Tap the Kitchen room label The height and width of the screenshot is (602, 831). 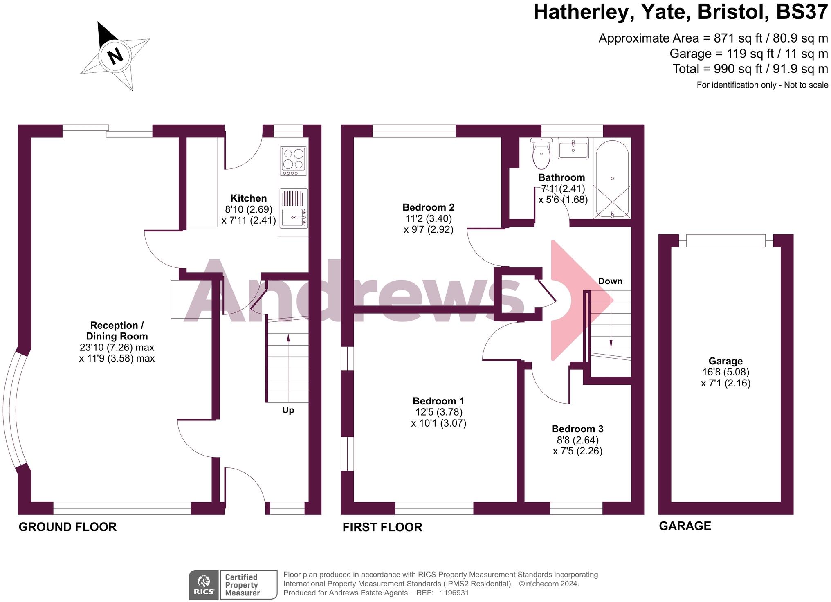[248, 198]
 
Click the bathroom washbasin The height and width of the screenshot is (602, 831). [573, 148]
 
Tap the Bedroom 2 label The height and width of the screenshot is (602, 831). [428, 207]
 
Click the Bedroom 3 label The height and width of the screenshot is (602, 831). [577, 429]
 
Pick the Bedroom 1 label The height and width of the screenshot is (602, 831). [438, 401]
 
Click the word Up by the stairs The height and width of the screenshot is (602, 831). [288, 410]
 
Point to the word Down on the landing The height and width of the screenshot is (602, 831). [610, 281]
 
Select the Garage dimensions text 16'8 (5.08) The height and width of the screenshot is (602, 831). [725, 372]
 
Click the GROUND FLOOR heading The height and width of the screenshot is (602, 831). [67, 527]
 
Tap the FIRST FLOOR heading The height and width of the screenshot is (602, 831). [382, 527]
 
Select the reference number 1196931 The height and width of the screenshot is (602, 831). [454, 593]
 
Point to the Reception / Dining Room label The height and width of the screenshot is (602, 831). [117, 331]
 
